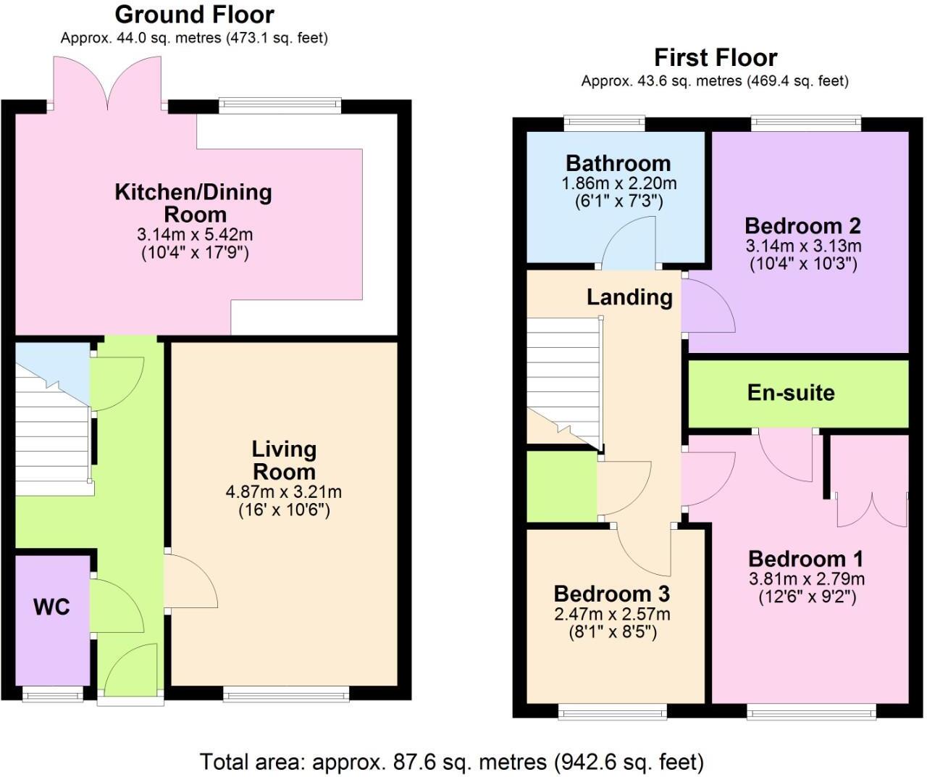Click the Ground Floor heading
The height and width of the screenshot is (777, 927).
pos(195,14)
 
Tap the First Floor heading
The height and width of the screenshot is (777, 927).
pos(716,58)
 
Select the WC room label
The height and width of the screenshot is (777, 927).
pos(51,607)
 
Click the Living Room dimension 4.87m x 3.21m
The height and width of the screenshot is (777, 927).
pos(284,492)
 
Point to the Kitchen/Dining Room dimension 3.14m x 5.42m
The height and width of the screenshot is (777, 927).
pos(195,234)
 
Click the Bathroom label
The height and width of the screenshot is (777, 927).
pos(618,164)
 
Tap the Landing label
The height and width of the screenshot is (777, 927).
pos(629,297)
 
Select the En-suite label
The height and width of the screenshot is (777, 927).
pos(791,393)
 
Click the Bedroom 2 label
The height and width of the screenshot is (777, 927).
pos(802,226)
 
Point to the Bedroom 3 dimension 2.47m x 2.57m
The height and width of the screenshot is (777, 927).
pos(612,615)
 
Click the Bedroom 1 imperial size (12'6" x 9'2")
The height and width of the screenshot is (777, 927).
pos(807,597)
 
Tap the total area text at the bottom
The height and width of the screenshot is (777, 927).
pos(452,762)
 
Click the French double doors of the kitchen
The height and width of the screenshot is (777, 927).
pos(107,83)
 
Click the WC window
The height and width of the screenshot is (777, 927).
pos(53,694)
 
